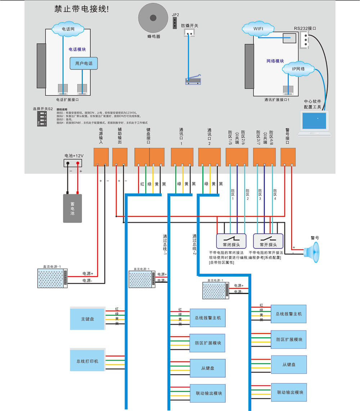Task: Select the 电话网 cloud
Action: [x=68, y=28]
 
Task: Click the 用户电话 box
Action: [x=84, y=64]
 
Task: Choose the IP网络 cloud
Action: [x=298, y=69]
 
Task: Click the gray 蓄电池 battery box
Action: [x=72, y=208]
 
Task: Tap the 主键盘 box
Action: [x=87, y=319]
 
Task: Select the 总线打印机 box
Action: [x=87, y=361]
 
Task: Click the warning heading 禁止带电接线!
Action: [x=81, y=9]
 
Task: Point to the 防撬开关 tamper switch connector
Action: [x=189, y=33]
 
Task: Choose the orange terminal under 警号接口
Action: [x=288, y=157]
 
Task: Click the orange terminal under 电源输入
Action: [x=101, y=157]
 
